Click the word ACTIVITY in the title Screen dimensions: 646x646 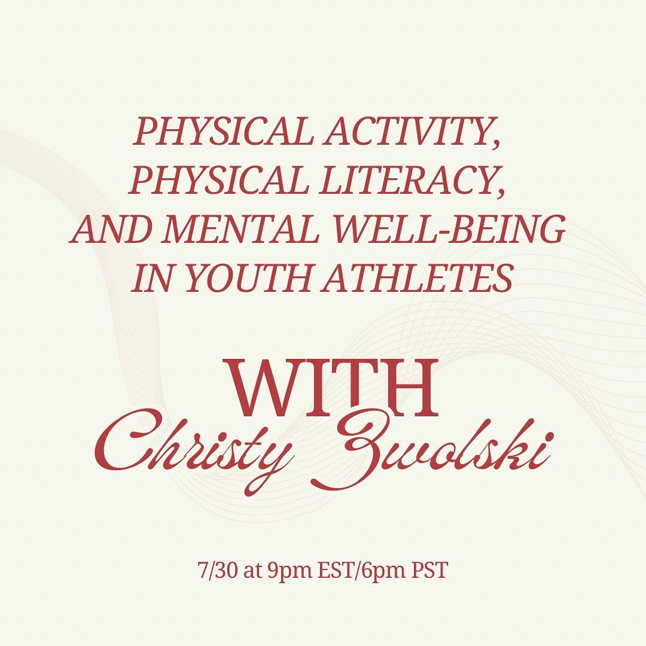coord(412,131)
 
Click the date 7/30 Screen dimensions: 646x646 coord(217,570)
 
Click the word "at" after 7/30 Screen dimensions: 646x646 coord(251,571)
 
